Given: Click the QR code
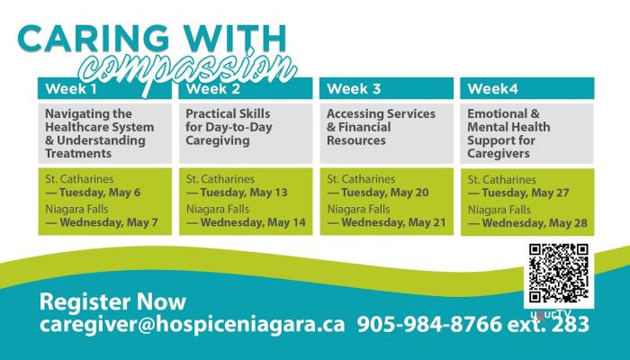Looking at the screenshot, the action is [559, 274].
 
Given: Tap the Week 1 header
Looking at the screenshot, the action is [71, 89].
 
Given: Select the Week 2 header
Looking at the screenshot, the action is [213, 89].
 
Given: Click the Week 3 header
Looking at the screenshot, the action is [354, 89].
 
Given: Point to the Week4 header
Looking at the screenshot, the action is [493, 89].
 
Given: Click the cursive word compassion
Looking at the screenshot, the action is [188, 70].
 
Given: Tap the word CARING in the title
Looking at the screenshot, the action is [94, 39].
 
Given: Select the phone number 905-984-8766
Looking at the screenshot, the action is [429, 324].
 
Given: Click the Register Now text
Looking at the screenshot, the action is [112, 301].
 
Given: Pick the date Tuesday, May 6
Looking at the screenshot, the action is [100, 193].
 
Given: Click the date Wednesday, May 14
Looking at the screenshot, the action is [253, 222].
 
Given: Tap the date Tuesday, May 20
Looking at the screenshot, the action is [385, 193].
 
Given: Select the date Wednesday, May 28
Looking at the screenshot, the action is [535, 223].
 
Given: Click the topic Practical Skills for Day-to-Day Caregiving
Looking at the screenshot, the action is [229, 127].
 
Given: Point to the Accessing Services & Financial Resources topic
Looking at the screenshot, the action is [381, 127].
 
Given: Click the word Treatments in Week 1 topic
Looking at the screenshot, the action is [78, 154].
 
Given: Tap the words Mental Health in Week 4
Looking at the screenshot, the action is [508, 127].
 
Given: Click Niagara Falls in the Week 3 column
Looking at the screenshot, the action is [358, 210].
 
